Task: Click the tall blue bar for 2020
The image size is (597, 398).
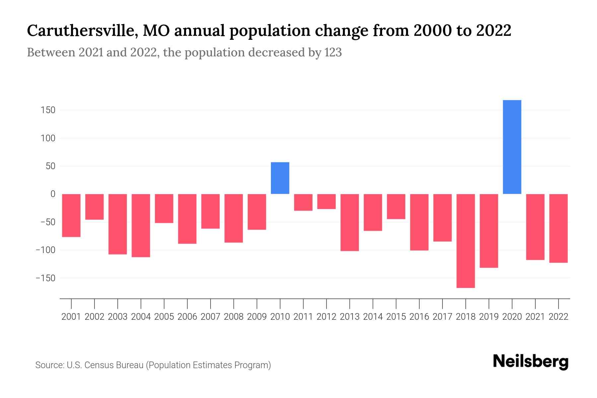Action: click(x=512, y=147)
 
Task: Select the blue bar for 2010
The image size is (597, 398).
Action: click(x=280, y=178)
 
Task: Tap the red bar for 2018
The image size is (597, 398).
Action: click(x=466, y=241)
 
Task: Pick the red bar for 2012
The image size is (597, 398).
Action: click(x=326, y=202)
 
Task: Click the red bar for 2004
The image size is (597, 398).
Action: click(x=141, y=226)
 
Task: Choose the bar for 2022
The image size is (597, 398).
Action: click(x=559, y=228)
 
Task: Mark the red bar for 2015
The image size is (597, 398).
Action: click(x=396, y=207)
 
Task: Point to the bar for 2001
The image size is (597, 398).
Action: click(x=71, y=216)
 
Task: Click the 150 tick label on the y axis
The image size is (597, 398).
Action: click(x=48, y=110)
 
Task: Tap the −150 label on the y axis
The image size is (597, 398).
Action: click(x=45, y=278)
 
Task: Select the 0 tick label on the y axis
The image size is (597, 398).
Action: click(x=53, y=194)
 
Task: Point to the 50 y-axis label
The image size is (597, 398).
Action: click(x=50, y=166)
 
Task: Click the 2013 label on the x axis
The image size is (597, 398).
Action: click(x=350, y=317)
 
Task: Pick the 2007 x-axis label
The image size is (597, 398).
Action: click(x=210, y=317)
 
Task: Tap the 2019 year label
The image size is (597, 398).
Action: click(x=489, y=317)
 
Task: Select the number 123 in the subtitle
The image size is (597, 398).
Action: click(x=333, y=52)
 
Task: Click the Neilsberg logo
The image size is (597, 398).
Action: click(x=531, y=362)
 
